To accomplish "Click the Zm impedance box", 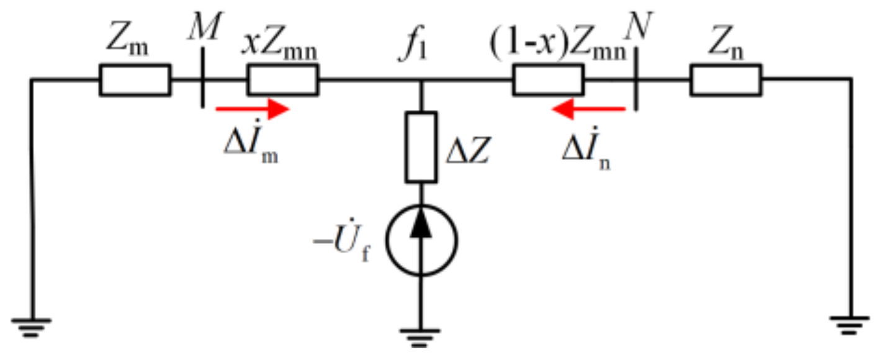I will [x=135, y=80].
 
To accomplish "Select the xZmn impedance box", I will [x=283, y=80].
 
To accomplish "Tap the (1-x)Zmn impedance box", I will [x=548, y=80].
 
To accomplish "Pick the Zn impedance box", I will [x=725, y=80].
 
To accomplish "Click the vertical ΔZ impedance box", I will [x=421, y=147].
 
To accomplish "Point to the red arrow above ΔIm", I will [x=252, y=110].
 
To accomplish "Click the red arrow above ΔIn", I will [x=589, y=110].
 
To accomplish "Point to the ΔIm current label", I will [x=251, y=148].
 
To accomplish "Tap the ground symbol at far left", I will [x=32, y=326].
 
